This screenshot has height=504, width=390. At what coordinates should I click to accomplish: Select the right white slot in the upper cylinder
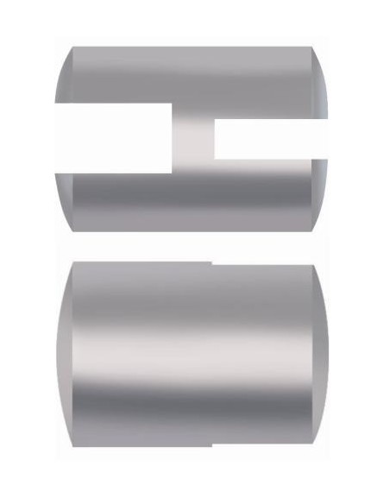pyautogui.click(x=270, y=139)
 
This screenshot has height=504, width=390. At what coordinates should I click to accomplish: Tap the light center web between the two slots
pyautogui.click(x=193, y=138)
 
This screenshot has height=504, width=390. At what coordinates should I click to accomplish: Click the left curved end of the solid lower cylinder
pyautogui.click(x=66, y=358)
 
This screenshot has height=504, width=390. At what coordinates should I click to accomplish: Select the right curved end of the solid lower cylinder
pyautogui.click(x=318, y=358)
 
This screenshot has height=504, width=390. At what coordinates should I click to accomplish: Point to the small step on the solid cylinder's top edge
pyautogui.click(x=212, y=261)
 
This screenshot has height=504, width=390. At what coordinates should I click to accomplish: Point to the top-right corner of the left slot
pyautogui.click(x=173, y=104)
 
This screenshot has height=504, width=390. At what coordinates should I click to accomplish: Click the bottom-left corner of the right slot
pyautogui.click(x=215, y=160)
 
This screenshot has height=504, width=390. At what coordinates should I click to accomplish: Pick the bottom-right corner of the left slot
pyautogui.click(x=173, y=171)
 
